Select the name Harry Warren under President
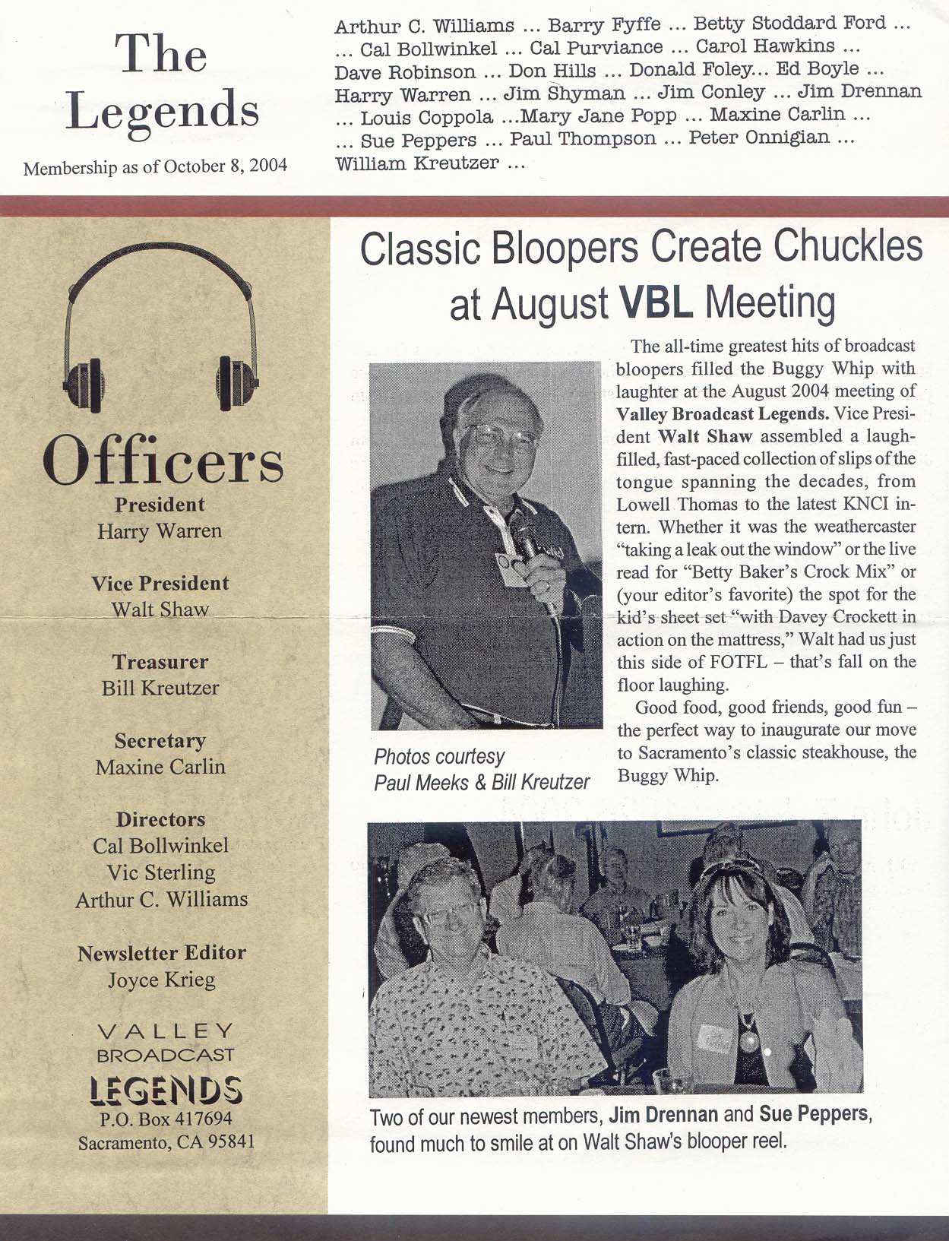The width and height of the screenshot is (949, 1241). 160,530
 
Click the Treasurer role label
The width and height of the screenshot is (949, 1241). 160,662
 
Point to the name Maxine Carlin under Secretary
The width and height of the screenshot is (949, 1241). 160,767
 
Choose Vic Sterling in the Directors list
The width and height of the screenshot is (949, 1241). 161,872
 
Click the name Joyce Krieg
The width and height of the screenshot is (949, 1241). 161,980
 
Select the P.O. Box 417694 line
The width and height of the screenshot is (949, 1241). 166,1119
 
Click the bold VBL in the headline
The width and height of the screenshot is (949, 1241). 656,302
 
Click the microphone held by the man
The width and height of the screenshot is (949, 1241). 527,538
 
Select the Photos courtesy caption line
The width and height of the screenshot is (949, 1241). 439,757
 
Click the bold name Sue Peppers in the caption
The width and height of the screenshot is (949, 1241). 813,1114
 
